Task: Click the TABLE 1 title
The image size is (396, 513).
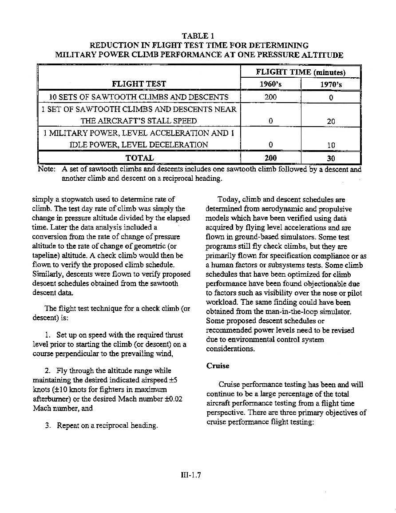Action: point(198,36)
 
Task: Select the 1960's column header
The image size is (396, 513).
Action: point(270,84)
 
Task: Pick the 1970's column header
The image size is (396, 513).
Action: point(331,84)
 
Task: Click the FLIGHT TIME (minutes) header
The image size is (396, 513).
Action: point(301,72)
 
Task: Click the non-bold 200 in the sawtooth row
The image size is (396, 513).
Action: point(270,97)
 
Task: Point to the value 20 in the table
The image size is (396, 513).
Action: point(331,121)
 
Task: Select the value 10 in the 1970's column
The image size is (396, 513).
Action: point(331,145)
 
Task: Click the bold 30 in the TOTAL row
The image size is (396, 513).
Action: point(331,158)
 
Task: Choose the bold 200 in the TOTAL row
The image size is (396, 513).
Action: point(270,158)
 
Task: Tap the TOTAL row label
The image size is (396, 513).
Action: point(139,158)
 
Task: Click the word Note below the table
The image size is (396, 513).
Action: point(46,169)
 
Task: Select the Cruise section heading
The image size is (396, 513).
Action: point(218,366)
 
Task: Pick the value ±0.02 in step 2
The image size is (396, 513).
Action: point(170,399)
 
